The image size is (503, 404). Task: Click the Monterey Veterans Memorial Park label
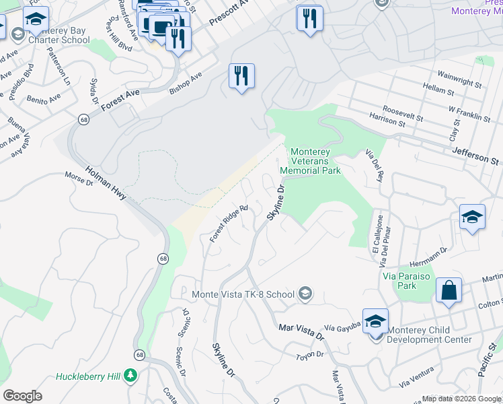[315, 162]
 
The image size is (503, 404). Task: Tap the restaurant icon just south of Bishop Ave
[241, 76]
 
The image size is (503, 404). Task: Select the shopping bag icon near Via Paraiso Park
[449, 291]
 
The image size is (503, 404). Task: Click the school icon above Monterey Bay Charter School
[36, 20]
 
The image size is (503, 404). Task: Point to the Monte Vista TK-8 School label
[243, 294]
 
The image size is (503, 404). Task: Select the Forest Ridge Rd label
[229, 224]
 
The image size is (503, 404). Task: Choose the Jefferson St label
[476, 156]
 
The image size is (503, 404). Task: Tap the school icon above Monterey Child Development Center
[375, 321]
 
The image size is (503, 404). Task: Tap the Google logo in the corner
[22, 396]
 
